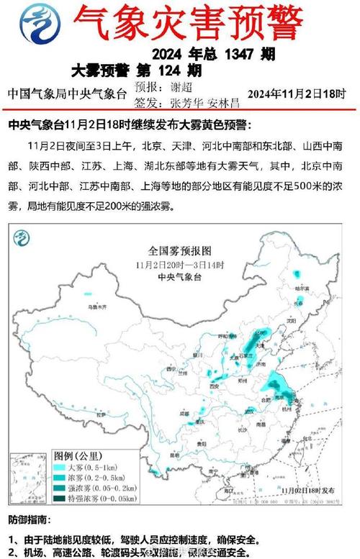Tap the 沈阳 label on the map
[x=290, y=321]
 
